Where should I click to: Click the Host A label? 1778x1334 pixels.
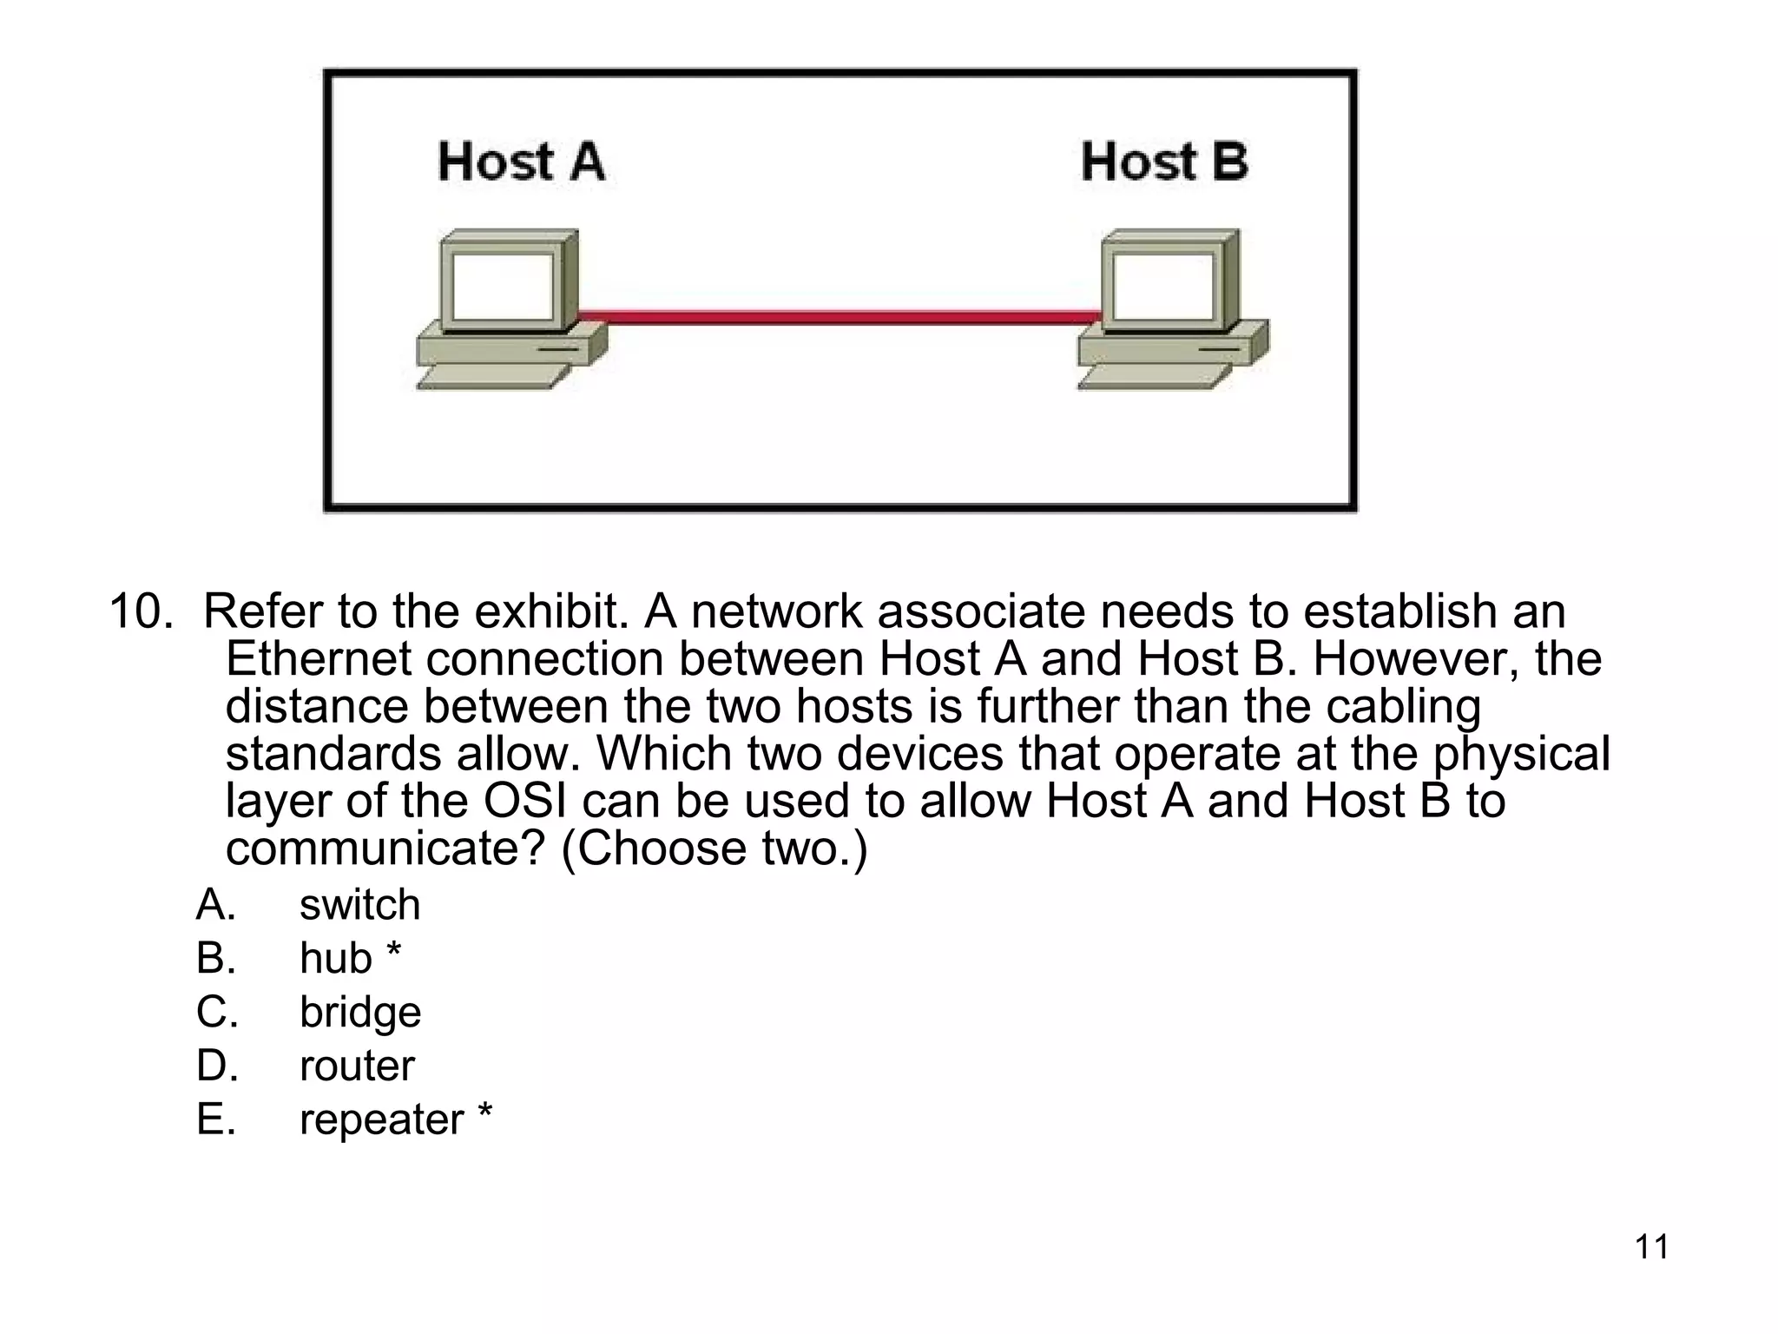click(x=521, y=162)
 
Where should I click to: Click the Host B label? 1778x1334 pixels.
click(x=1164, y=162)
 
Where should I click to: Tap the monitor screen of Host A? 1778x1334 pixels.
click(x=503, y=287)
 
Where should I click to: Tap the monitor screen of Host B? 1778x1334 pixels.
click(x=1163, y=287)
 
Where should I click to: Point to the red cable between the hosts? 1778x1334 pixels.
click(x=838, y=317)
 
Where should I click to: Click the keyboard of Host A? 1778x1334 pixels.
click(x=492, y=377)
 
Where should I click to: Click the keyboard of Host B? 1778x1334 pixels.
click(x=1154, y=377)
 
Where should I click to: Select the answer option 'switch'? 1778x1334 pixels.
click(x=359, y=905)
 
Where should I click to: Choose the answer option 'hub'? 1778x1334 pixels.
click(x=335, y=959)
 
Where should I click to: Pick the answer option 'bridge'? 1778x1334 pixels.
click(x=360, y=1013)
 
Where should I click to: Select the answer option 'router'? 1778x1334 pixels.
click(x=357, y=1066)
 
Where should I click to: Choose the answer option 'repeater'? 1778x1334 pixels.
click(x=381, y=1120)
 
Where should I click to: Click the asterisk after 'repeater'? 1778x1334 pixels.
click(x=484, y=1113)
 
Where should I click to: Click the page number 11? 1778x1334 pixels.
click(x=1651, y=1247)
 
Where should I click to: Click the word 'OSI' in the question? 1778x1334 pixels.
click(x=524, y=801)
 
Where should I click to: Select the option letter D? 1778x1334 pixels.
click(x=216, y=1066)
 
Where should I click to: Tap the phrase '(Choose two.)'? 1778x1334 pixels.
click(x=714, y=849)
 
